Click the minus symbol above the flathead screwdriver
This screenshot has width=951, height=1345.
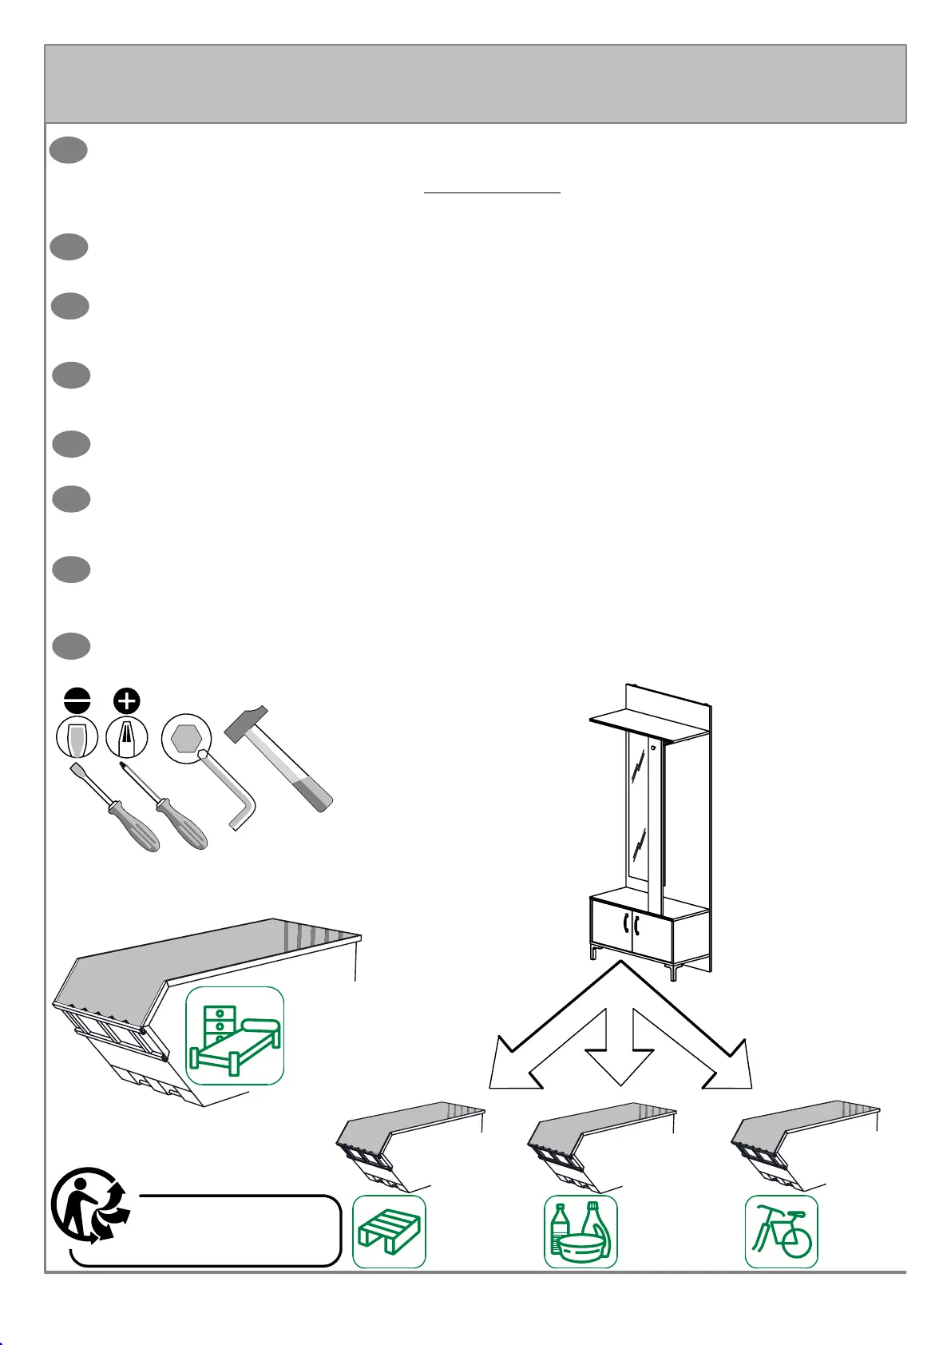77,700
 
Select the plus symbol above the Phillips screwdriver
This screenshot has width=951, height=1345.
127,700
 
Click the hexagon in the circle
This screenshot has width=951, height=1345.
185,738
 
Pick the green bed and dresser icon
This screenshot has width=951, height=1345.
235,1035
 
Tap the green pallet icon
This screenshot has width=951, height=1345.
389,1231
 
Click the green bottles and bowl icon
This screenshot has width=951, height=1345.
581,1231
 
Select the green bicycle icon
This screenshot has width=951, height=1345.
781,1231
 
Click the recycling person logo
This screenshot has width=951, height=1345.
89,1205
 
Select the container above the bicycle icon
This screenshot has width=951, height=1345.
798,1138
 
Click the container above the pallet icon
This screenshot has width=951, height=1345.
403,1138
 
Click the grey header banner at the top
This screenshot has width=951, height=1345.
475,84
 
